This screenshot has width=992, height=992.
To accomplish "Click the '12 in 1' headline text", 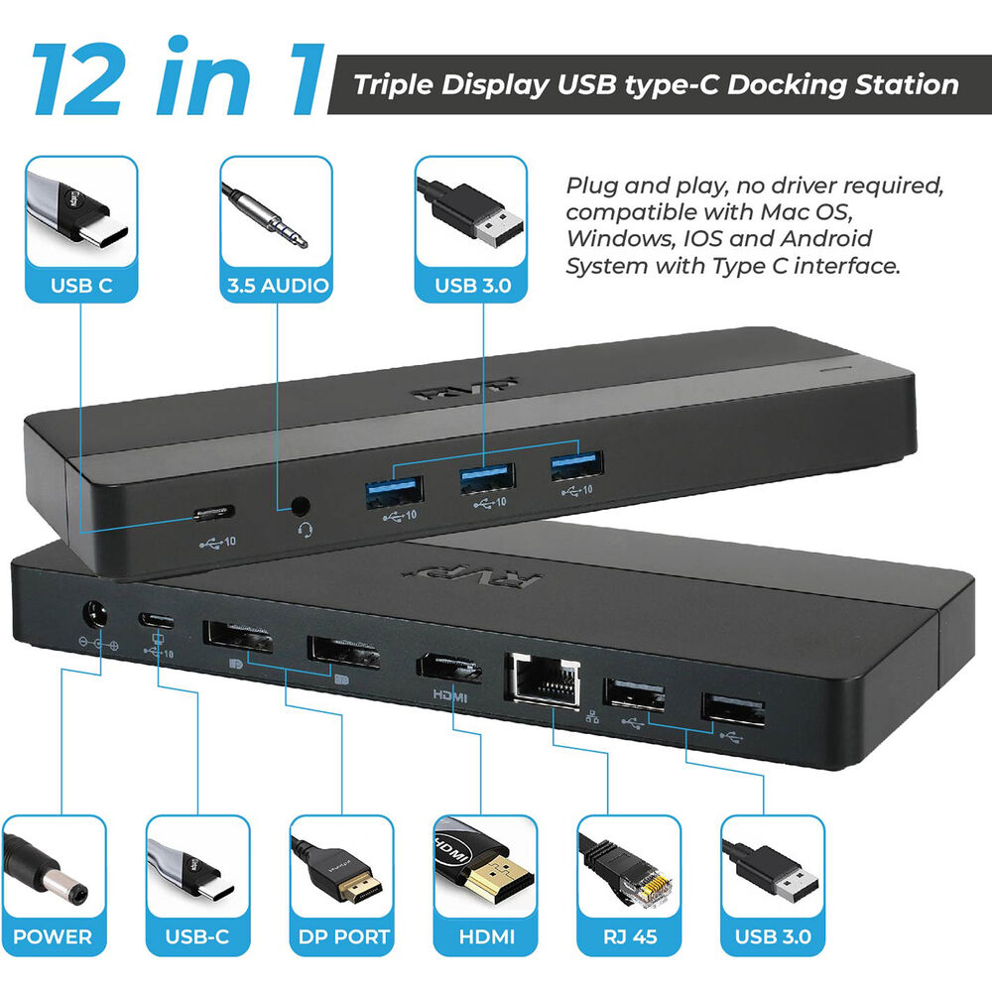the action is pos(178,77).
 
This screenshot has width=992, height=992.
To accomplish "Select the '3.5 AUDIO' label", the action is pos(278,286).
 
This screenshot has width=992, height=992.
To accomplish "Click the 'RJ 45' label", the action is pos(630,936).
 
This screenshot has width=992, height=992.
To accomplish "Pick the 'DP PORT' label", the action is pos(343,936).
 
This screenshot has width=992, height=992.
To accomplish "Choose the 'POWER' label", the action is pos(53,936).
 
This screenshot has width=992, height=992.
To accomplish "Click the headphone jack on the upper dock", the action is pos(301,506).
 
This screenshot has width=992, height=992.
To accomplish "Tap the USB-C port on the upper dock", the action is pos(214,513).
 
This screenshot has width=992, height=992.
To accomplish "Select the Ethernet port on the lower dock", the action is pos(543,679).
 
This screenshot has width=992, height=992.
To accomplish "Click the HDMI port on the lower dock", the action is pos(448,669).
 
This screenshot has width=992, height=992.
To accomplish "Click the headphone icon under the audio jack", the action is pos(306,530).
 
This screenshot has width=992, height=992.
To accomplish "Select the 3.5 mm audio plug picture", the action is pos(266,215).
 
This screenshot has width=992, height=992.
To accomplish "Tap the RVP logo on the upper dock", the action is pos(465,389).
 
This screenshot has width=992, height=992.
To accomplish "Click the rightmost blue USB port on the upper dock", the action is pos(576,466).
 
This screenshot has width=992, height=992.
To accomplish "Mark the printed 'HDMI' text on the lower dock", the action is pos(449,696).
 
